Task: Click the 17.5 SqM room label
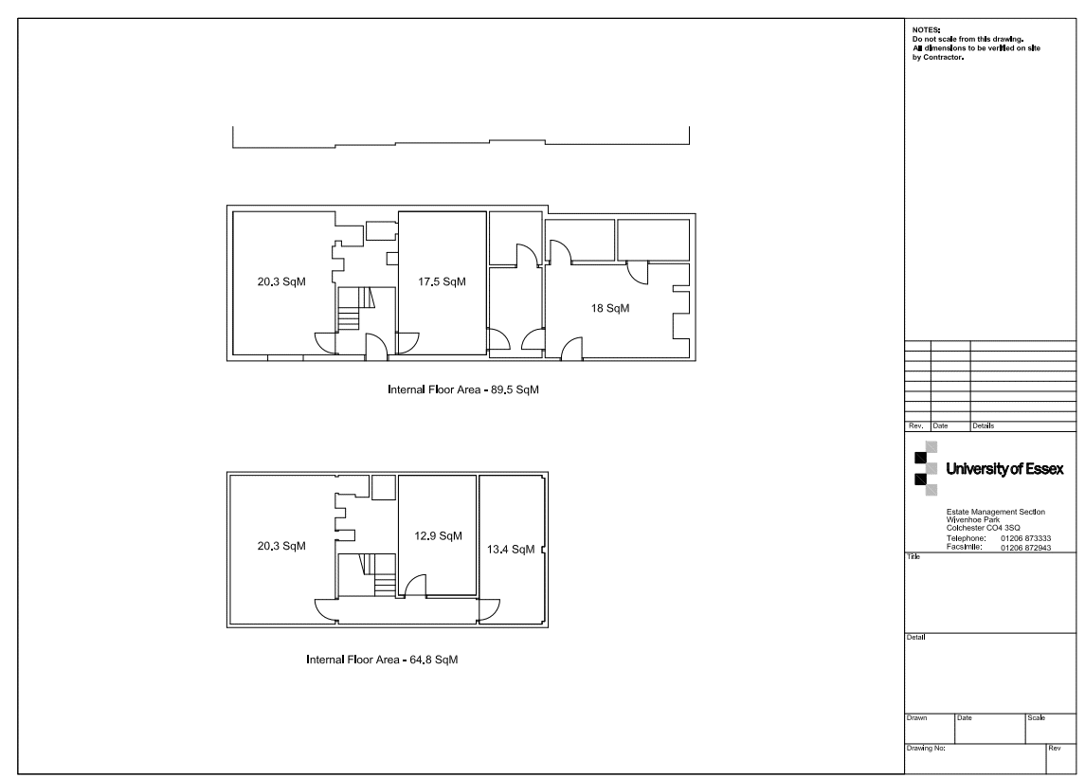coord(442,281)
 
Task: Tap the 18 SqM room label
coord(609,308)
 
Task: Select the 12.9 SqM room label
coord(438,535)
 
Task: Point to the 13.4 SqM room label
coord(511,550)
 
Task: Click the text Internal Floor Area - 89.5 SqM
coord(463,389)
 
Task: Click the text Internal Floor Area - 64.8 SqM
coord(382,660)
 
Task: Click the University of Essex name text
coord(1004,469)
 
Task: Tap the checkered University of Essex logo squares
coord(926,468)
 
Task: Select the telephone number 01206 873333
coord(1025,538)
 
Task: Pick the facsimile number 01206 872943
coord(1025,548)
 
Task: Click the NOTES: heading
coord(926,30)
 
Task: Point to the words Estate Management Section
coord(996,513)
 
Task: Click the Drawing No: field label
coord(926,749)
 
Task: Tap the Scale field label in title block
coord(1036,717)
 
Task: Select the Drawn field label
coord(917,717)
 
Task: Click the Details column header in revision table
coord(984,425)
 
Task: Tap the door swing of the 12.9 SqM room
coord(415,586)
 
